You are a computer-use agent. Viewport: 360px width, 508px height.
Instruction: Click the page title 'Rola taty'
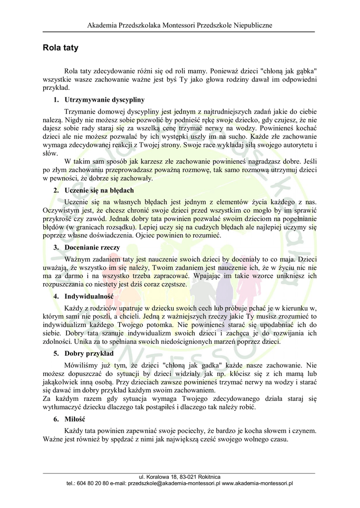61,48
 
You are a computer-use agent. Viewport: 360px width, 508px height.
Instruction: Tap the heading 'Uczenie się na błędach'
99,190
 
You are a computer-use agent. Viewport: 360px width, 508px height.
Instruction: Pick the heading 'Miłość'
75,419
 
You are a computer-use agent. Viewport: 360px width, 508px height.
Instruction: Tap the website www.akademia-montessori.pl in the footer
258,483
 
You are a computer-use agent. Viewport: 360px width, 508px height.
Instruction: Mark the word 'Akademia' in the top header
102,25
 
